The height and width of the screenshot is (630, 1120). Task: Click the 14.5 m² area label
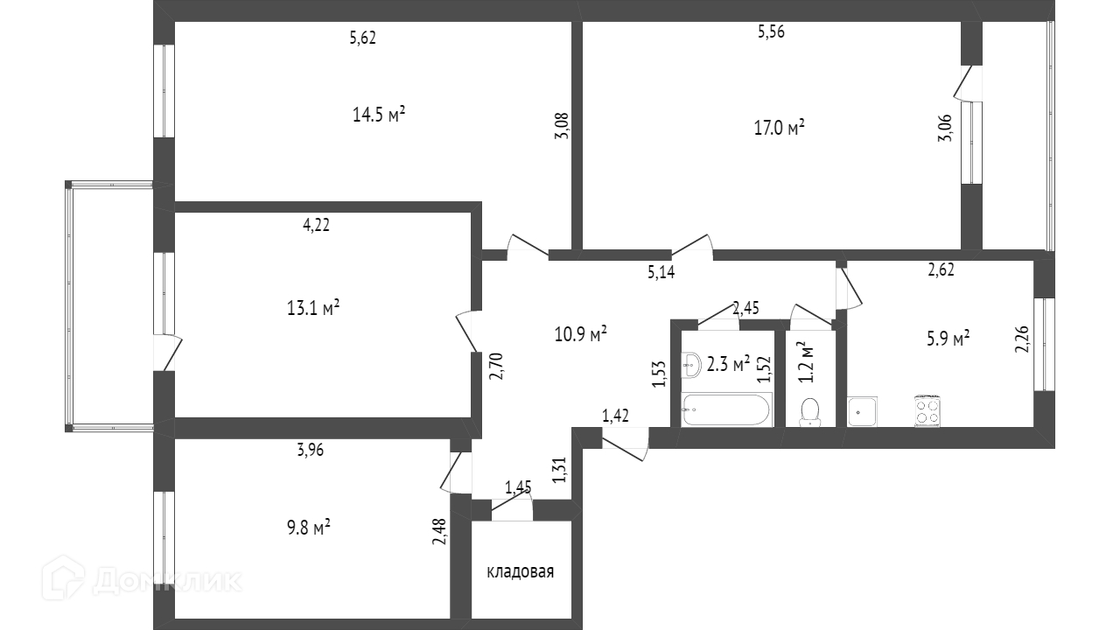click(x=378, y=115)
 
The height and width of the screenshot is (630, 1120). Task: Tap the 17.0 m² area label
click(x=779, y=128)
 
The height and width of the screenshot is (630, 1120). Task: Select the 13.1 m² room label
click(x=313, y=308)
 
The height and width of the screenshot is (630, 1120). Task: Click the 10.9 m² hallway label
click(x=581, y=333)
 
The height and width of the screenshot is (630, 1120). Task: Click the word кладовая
click(x=521, y=572)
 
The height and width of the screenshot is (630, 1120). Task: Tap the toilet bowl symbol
click(x=810, y=411)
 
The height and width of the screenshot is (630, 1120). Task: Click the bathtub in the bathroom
click(x=726, y=409)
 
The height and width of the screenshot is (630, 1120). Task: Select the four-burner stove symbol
click(x=927, y=410)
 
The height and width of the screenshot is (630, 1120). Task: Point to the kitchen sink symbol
click(x=862, y=410)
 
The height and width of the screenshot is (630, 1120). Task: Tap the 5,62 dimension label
click(x=362, y=38)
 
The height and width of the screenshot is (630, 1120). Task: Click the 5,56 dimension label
click(x=771, y=32)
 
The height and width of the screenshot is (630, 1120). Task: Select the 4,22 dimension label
click(x=316, y=225)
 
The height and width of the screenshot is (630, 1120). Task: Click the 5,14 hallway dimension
click(x=661, y=272)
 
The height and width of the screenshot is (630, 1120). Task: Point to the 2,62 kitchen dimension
click(x=941, y=269)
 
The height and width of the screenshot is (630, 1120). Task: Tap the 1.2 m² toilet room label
click(x=807, y=363)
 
